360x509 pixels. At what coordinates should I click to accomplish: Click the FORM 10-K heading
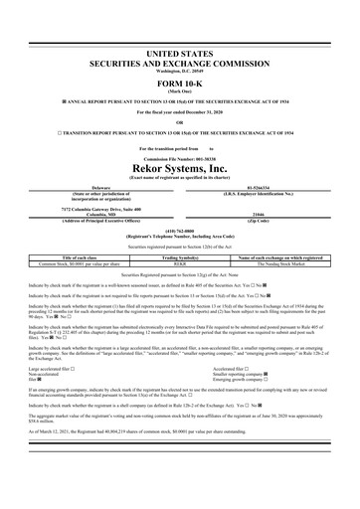click(x=179, y=83)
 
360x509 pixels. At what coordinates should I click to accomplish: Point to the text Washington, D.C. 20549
click(x=179, y=71)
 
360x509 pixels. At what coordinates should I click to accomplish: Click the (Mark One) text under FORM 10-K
click(x=179, y=91)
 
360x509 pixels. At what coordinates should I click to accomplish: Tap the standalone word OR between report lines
click(x=179, y=122)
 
